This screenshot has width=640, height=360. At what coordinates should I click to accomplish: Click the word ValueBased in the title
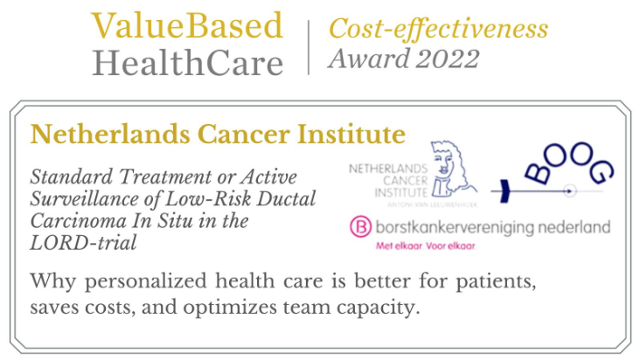tap(187, 25)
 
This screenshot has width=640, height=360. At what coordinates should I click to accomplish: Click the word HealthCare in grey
tap(188, 63)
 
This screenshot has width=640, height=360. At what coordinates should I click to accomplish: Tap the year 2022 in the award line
tap(448, 59)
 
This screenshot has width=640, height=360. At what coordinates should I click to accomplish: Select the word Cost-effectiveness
tap(438, 29)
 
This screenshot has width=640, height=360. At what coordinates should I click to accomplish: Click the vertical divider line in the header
tap(308, 47)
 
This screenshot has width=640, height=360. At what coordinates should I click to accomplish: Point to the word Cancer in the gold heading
tap(244, 135)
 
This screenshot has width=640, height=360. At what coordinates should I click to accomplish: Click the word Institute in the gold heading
tap(351, 135)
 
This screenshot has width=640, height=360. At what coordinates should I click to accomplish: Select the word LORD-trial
tap(83, 243)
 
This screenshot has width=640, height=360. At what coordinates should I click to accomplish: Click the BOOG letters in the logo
tap(568, 163)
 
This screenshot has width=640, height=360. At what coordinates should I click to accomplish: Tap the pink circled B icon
tap(360, 226)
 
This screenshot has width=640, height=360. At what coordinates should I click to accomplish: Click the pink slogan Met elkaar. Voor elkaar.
tap(426, 246)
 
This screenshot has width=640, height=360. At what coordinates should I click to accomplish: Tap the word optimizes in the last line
tap(230, 308)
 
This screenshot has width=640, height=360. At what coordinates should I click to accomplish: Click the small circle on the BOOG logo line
tap(569, 190)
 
